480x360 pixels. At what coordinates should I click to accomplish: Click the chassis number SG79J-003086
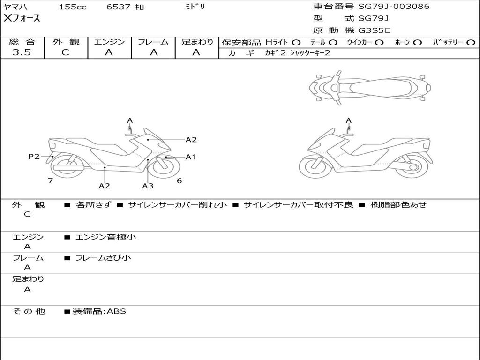coord(394,7)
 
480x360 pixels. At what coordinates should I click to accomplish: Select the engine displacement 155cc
coord(73,7)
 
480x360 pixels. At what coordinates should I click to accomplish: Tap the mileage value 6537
coord(119,7)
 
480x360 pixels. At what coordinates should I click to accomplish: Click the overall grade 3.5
coord(22,52)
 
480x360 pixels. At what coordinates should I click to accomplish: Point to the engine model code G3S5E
coord(375,31)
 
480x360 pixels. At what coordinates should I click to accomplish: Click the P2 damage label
coord(34,157)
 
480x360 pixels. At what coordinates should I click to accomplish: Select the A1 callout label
coord(190,157)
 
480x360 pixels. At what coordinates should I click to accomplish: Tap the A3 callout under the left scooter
coord(148,186)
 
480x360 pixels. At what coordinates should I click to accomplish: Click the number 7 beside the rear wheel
coord(50,180)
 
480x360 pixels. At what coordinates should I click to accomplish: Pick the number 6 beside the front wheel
coord(179,180)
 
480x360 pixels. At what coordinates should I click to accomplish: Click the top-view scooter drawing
coord(369,87)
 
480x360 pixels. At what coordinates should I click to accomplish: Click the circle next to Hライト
coord(296,42)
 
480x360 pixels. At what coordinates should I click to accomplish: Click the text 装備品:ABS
coord(99,311)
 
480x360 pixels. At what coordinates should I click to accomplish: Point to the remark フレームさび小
coord(103,258)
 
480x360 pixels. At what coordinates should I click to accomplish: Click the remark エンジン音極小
coord(106,237)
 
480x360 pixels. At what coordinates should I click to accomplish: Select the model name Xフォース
coord(22,18)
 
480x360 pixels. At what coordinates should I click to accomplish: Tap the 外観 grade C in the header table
coord(65,52)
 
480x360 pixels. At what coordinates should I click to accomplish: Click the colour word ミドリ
coord(194,7)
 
